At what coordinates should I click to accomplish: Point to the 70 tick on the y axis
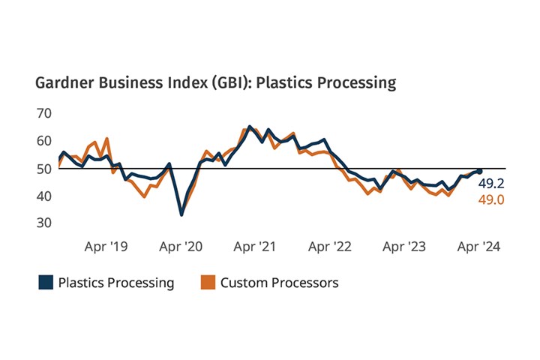44,113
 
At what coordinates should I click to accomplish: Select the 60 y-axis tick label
44,141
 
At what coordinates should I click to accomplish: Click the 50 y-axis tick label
44,169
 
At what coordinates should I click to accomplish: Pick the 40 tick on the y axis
44,196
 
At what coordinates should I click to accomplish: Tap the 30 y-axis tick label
44,223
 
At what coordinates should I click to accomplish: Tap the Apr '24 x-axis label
480,246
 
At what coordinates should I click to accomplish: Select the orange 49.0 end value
490,199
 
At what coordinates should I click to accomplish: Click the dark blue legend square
46,283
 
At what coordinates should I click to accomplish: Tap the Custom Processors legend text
279,283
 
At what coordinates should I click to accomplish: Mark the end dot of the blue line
479,171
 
